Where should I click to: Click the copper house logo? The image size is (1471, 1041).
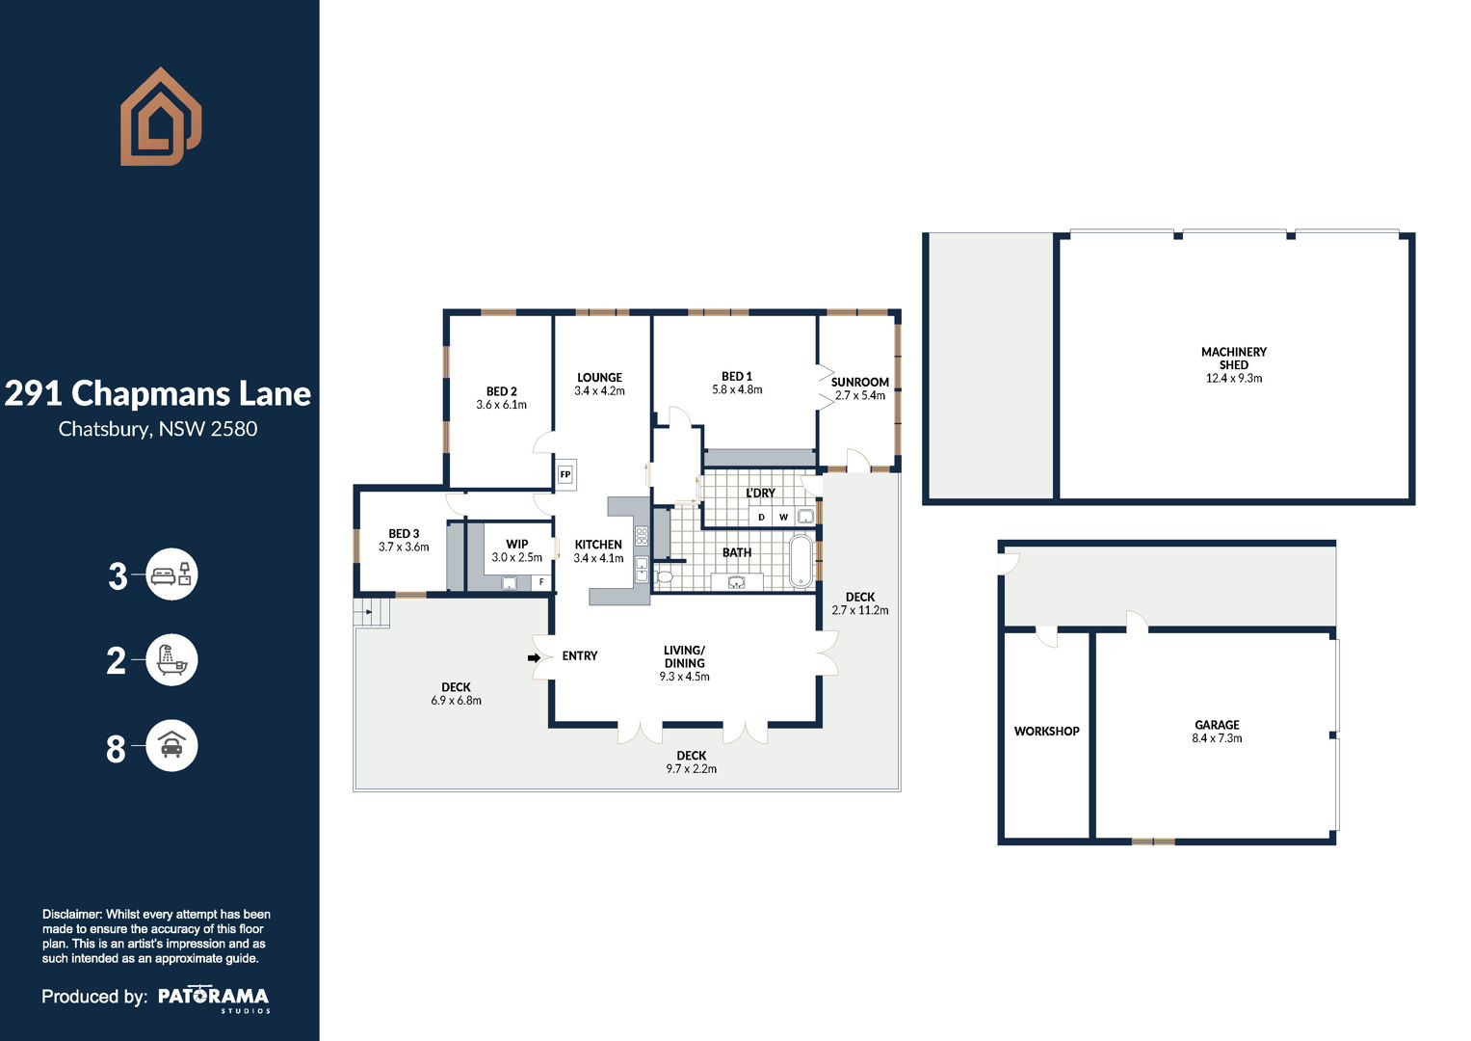coord(161,117)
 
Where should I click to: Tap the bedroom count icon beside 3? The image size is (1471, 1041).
coord(171,574)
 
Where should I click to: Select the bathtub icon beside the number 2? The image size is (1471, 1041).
coord(171,660)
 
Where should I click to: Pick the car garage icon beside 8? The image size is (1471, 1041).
coord(171,745)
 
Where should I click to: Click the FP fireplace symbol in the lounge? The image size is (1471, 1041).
coord(565,474)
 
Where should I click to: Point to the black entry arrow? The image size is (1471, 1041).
coord(534,657)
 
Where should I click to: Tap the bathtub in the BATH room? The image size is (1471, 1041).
coord(801,561)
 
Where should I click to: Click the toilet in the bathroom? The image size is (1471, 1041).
coord(664,577)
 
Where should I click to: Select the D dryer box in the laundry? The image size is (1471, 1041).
coord(761,518)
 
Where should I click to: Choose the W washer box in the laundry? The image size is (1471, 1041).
coord(783,518)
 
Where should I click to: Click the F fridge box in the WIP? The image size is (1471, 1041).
coord(541,581)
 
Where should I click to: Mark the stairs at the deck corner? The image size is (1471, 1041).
coord(372,612)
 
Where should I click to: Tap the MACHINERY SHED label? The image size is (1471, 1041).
coord(1234,359)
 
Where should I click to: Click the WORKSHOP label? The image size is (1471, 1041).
coord(1047,731)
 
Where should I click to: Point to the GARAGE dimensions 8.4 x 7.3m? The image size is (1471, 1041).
coord(1217,738)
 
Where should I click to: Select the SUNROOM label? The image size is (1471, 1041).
coord(859,382)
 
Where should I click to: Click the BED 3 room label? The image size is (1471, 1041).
coord(404,534)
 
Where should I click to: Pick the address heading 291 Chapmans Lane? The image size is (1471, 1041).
coord(158,393)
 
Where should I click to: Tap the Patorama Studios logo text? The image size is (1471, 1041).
coord(214,1000)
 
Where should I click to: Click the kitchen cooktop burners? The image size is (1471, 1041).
coord(642,536)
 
